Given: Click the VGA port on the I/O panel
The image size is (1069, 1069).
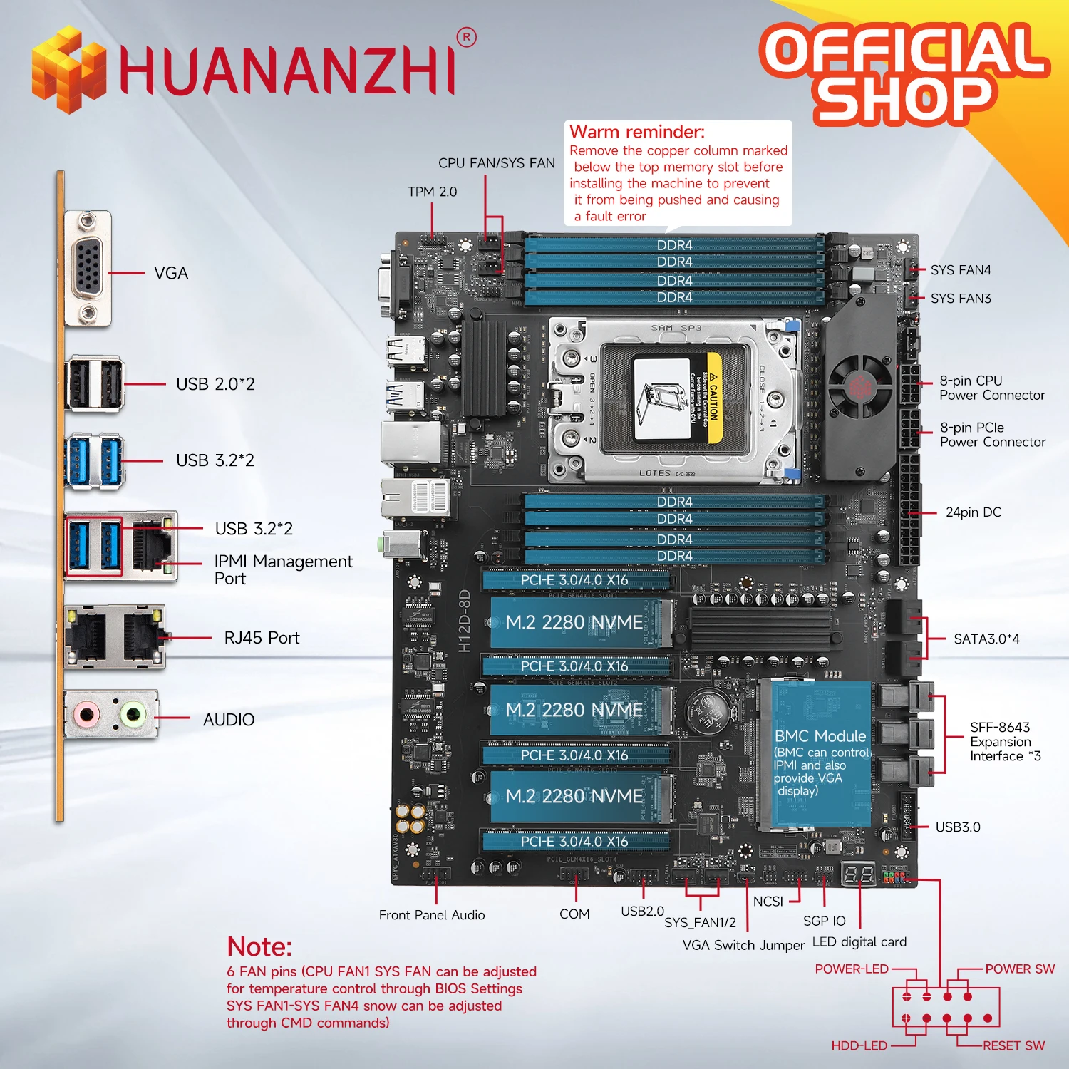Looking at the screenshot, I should (88, 269).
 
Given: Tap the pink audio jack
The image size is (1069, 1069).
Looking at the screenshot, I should (87, 713).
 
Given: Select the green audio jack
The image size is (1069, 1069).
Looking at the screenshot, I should (133, 713).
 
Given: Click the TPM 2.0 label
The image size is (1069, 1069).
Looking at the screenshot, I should (432, 192).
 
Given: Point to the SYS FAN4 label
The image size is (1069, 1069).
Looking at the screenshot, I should (960, 270).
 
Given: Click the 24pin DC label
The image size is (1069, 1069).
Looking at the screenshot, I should (973, 512).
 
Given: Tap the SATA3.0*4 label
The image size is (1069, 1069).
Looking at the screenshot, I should (986, 639).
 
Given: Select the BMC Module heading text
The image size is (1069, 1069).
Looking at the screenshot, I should (820, 736).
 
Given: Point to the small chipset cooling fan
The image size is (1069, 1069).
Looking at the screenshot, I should (859, 386).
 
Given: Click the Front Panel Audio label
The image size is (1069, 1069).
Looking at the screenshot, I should (432, 915).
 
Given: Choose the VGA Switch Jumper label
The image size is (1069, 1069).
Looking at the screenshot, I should (743, 945).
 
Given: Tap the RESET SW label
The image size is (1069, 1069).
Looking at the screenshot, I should (1013, 1045).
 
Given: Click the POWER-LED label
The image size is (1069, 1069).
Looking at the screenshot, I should (852, 969).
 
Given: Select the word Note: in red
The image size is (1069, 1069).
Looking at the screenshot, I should (259, 946).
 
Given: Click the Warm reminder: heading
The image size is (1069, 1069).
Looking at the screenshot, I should (636, 132).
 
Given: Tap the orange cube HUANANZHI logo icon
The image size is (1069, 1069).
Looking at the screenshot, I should (68, 69).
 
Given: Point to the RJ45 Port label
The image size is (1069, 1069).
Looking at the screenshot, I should (262, 638).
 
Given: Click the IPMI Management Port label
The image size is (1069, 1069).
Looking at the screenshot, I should (283, 569).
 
